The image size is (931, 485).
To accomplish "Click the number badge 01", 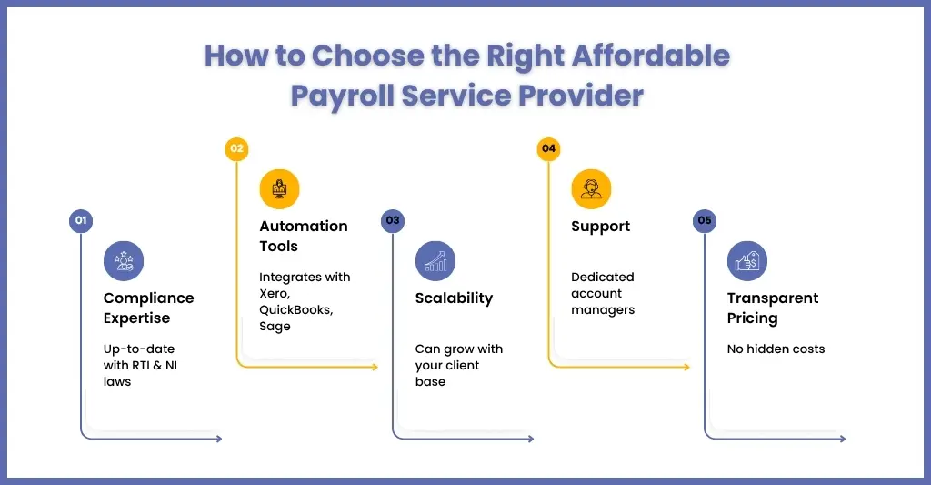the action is (x=81, y=220).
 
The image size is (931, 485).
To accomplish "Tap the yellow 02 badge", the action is (x=237, y=148).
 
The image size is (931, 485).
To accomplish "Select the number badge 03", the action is (x=393, y=220).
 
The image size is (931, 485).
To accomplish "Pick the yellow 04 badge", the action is (x=548, y=148).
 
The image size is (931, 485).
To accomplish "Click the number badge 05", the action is (x=705, y=220).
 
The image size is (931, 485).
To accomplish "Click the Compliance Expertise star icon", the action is (x=124, y=261).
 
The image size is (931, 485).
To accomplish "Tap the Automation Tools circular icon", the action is (x=279, y=189).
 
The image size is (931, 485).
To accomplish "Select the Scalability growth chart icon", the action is (x=435, y=261).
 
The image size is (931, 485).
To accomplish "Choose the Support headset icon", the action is (x=591, y=189).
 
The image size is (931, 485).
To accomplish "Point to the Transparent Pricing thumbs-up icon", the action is (x=747, y=261).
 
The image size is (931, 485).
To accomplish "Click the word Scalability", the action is (x=455, y=298).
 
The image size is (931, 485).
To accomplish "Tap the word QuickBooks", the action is (x=295, y=309).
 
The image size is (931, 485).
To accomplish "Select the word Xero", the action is (x=275, y=294).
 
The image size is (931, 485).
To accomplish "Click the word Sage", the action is (x=275, y=327).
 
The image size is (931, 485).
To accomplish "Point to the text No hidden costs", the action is (x=776, y=349).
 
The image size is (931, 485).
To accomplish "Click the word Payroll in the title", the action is (x=342, y=96).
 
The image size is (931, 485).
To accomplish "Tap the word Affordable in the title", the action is (x=651, y=56).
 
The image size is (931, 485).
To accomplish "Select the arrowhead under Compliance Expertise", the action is (x=219, y=439).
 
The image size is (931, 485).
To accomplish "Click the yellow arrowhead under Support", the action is (x=686, y=367).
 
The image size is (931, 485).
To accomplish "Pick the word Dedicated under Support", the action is (x=603, y=277).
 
